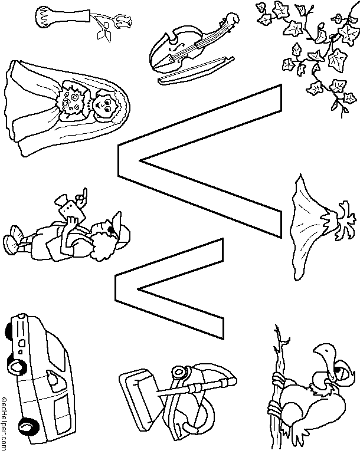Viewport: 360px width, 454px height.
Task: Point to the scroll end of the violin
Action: [x=232, y=19]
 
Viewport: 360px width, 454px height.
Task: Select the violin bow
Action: [x=197, y=70]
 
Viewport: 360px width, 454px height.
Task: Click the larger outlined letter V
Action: [x=200, y=161]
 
